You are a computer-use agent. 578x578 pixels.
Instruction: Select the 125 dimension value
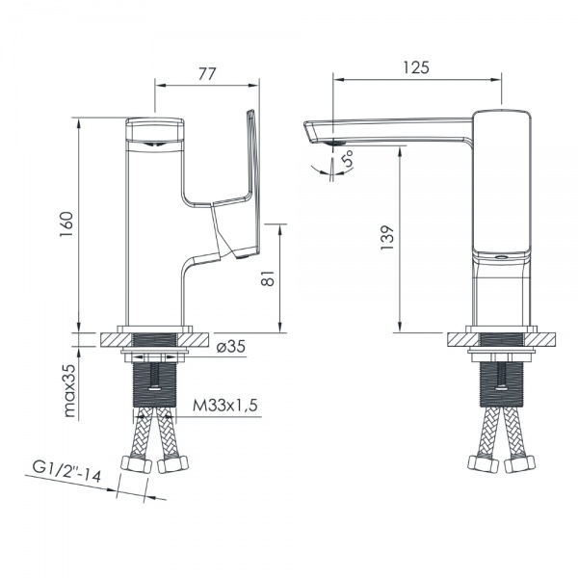(416, 67)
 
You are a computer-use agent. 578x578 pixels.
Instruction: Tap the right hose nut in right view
(521, 465)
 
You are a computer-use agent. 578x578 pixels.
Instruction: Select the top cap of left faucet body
(154, 126)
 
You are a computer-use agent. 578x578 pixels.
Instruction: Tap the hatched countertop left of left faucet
(108, 339)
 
